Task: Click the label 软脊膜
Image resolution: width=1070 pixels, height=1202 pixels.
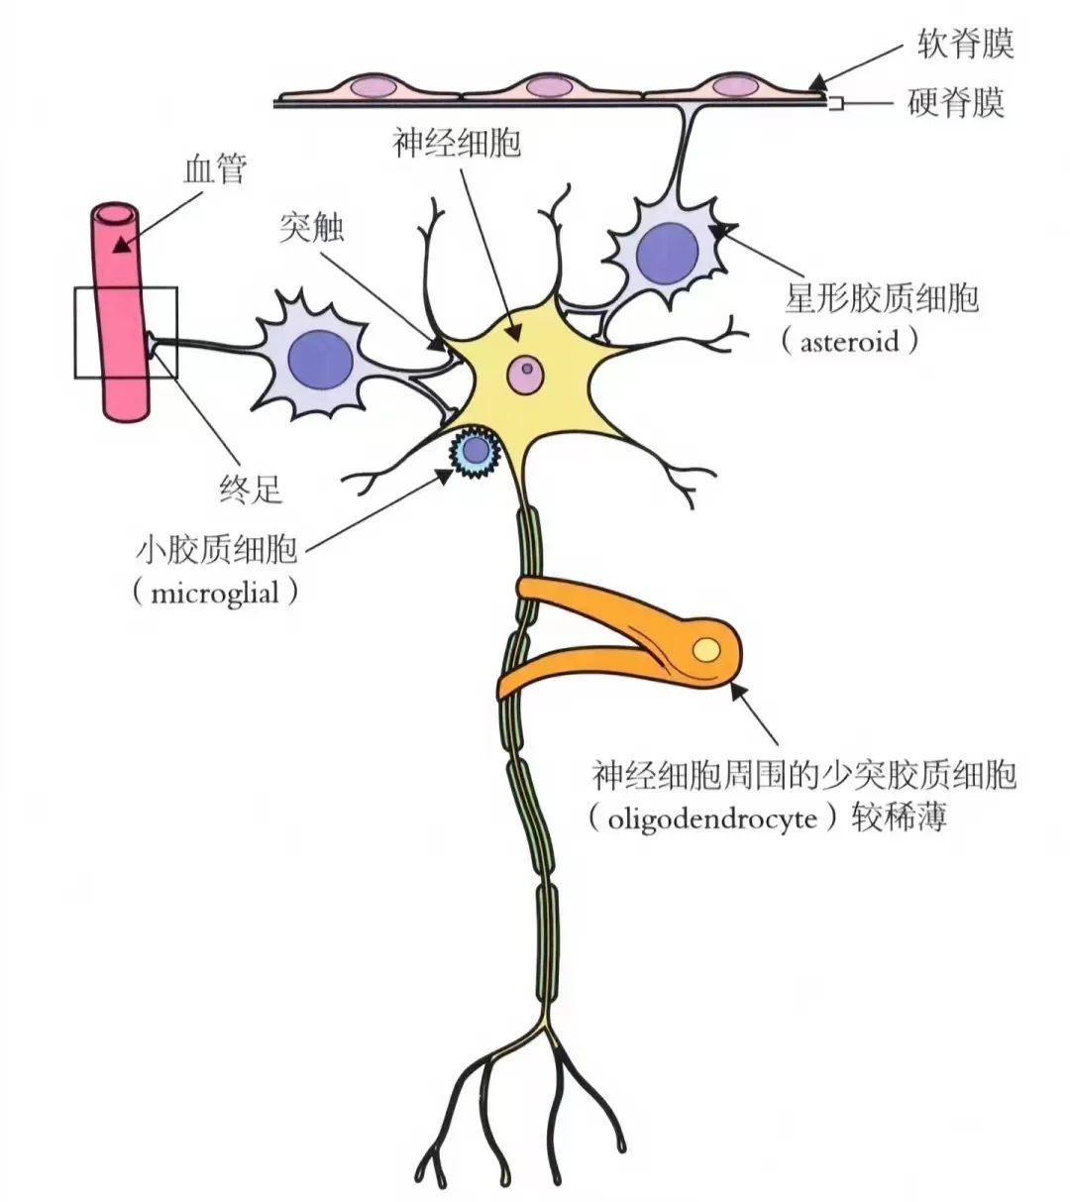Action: [966, 44]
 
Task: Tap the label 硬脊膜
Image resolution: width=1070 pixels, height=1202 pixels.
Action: [956, 102]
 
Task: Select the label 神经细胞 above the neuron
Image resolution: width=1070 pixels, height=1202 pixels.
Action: [456, 143]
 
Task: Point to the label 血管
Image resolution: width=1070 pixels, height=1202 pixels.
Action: [215, 169]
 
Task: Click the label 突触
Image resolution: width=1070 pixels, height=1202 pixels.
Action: [312, 227]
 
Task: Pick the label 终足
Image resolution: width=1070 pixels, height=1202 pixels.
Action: [251, 490]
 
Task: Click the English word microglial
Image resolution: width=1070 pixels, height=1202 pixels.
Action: [215, 593]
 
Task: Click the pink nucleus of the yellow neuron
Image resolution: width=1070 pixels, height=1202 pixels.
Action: [525, 374]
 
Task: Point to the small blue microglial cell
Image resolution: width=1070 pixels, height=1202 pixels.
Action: [475, 452]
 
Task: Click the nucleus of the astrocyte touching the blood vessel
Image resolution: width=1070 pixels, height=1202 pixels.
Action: [321, 360]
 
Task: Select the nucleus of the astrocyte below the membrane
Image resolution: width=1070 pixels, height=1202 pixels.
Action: [668, 254]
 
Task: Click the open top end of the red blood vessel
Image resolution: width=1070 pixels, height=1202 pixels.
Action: [116, 215]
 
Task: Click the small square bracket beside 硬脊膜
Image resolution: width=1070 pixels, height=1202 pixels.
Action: [833, 104]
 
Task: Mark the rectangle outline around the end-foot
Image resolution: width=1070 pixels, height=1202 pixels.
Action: [74, 332]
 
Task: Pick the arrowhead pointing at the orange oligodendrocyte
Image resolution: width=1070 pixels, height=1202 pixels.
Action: [737, 692]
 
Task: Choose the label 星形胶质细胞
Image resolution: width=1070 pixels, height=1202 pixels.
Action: [882, 298]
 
